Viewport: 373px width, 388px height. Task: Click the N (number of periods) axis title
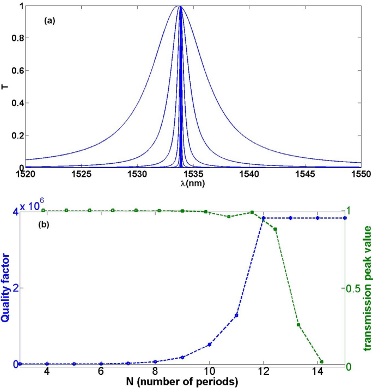pos(182,381)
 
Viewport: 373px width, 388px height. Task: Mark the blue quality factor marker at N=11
pos(236,315)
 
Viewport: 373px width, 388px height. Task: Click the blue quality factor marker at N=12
pos(264,218)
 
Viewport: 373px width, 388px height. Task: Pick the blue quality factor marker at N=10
pos(209,344)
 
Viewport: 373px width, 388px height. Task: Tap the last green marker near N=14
pos(321,361)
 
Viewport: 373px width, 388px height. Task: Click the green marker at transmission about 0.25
pos(298,325)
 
